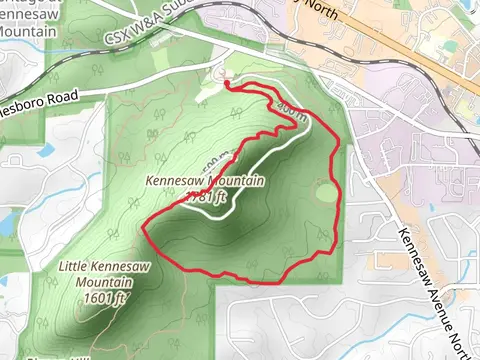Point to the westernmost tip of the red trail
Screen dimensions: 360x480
(146, 230)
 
